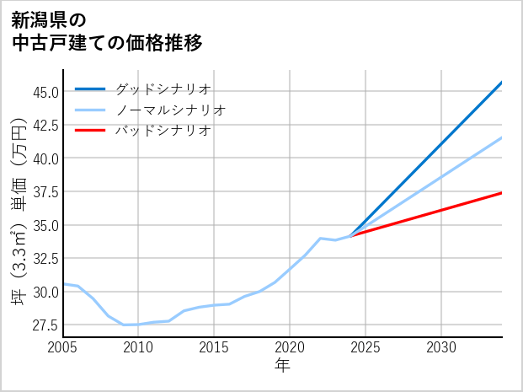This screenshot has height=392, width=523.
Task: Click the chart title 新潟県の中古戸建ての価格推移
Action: pos(107,30)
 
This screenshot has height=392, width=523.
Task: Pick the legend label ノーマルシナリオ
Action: pos(170,110)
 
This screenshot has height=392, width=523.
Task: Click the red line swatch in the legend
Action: pos(90,131)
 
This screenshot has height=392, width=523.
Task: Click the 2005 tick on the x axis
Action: pos(63,347)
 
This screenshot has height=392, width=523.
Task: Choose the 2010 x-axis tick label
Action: pos(138,347)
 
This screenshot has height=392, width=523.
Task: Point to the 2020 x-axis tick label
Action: pos(290,347)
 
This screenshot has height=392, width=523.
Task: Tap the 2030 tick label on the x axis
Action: pos(441,347)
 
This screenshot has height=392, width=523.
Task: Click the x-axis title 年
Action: pos(282,366)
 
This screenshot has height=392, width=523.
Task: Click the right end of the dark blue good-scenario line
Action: pos(501,83)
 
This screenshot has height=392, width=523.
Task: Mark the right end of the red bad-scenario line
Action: pos(501,193)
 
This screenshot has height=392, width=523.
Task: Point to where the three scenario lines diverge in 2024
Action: pos(350,235)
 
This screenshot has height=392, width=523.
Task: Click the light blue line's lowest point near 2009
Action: pos(124,325)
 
